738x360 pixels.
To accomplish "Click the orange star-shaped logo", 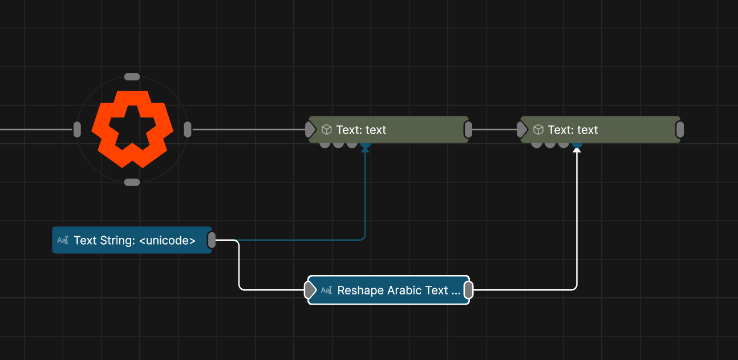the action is tap(132, 130).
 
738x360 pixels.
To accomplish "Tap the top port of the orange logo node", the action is tap(132, 77).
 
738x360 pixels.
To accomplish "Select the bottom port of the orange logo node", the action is tap(132, 183).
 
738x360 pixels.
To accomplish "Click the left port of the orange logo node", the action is tap(77, 130).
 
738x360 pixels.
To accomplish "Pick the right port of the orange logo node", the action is tap(188, 130).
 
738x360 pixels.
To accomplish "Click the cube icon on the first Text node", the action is tap(326, 130).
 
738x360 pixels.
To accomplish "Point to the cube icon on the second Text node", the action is tap(538, 130).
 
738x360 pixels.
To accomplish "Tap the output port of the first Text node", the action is tap(468, 130).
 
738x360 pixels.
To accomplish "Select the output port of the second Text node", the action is tap(680, 130).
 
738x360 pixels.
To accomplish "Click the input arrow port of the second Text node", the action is tap(522, 130).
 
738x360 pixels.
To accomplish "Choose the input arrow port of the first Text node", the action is tap(310, 130).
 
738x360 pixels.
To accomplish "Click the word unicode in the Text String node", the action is tap(167, 240).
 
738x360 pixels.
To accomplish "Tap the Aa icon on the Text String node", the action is tap(63, 240).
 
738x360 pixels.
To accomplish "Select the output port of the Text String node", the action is tap(212, 240).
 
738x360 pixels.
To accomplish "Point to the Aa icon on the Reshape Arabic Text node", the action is tap(326, 290).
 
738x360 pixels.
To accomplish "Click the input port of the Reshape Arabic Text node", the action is tap(310, 290).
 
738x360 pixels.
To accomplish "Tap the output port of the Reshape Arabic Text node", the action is tap(468, 290).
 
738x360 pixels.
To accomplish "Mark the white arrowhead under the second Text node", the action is tap(577, 150).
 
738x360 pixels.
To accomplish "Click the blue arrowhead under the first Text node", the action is tap(365, 150).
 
